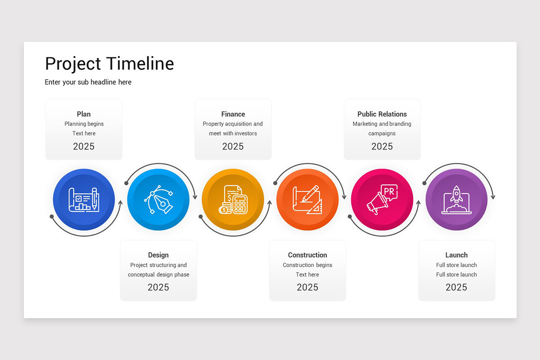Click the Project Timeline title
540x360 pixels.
click(109, 64)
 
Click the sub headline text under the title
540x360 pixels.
click(88, 82)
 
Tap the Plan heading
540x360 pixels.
click(84, 114)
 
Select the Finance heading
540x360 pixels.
click(233, 114)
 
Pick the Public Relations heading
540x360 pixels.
click(382, 114)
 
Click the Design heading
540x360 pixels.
click(158, 255)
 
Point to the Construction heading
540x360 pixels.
click(307, 255)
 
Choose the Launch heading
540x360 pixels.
click(456, 255)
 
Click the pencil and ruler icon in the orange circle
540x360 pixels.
click(307, 199)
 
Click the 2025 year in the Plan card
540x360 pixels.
click(84, 146)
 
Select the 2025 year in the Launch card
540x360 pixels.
click(456, 287)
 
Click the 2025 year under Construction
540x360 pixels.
click(307, 287)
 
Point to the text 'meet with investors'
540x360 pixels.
click(233, 134)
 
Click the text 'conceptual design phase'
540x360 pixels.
click(158, 274)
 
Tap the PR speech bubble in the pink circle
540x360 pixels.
click(389, 192)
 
